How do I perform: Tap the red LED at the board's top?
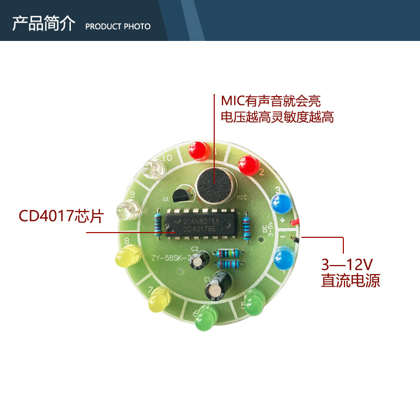[x=199, y=151]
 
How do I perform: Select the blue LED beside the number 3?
[x=281, y=202]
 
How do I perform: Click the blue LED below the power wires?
[x=283, y=258]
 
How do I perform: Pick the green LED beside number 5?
[x=256, y=303]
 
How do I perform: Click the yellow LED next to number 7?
[x=159, y=301]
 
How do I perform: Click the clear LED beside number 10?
[x=153, y=169]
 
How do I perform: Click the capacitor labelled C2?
[x=199, y=260]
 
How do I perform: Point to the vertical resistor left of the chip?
[x=158, y=225]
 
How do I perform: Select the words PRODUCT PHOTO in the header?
[x=118, y=26]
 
